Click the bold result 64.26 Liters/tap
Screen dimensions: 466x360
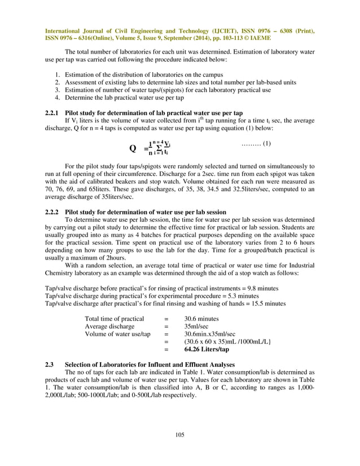coord(208,350)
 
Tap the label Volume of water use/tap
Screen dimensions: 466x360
coord(117,334)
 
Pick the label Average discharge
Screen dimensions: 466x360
coord(109,326)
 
